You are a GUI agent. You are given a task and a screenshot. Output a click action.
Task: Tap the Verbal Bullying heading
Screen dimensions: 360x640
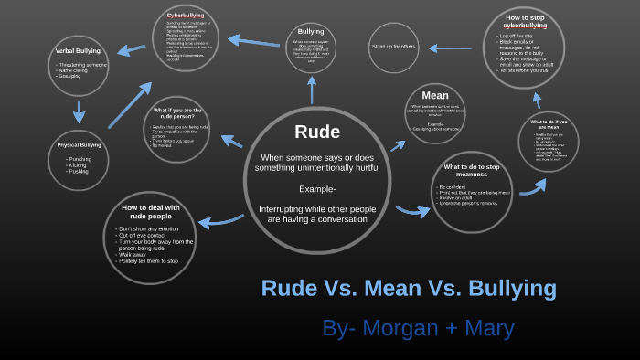pos(78,51)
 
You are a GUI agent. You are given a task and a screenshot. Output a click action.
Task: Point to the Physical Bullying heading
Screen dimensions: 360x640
pos(79,145)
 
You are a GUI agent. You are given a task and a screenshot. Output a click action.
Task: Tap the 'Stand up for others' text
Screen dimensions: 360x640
pos(393,46)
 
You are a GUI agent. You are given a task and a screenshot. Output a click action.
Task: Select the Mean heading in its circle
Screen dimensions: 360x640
pos(434,95)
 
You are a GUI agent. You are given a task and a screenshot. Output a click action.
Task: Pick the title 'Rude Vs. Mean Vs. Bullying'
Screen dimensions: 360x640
pos(409,288)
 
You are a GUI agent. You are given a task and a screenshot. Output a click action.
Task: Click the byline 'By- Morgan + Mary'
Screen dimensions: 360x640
pos(418,328)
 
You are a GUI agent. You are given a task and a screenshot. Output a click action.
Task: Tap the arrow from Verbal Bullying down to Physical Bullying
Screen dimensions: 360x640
pos(79,111)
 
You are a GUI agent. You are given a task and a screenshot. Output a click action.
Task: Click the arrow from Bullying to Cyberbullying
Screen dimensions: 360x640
pos(254,41)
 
